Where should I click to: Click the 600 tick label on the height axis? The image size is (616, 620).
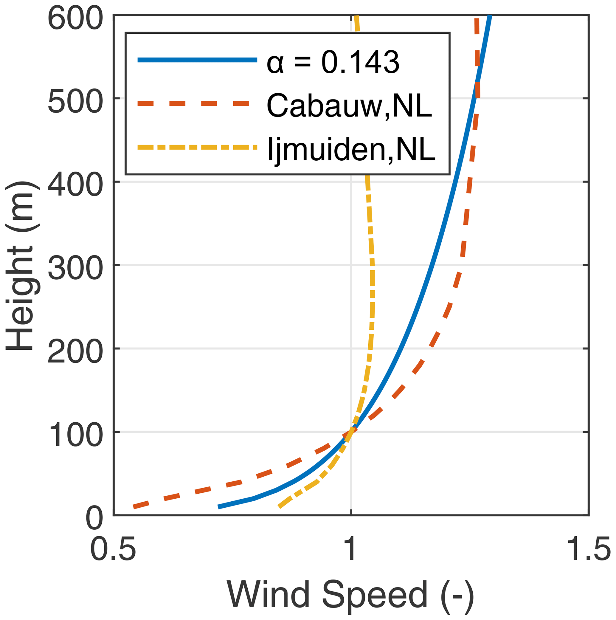click(75, 18)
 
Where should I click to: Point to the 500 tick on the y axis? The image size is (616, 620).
click(75, 102)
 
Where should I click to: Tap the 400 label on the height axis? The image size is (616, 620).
click(75, 185)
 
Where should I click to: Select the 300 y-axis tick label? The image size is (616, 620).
click(75, 269)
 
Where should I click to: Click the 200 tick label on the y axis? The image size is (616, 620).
click(75, 352)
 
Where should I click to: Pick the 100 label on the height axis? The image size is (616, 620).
click(75, 436)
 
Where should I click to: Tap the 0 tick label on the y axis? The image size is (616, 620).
click(94, 519)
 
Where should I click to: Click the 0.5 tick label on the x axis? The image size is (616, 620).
click(113, 549)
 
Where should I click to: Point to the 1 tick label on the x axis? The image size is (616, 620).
click(351, 549)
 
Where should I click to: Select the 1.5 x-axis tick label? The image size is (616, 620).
click(589, 549)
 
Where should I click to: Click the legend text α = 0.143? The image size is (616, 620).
click(333, 62)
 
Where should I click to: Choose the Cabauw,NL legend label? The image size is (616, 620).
click(349, 105)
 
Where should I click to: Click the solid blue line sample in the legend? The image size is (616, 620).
click(197, 60)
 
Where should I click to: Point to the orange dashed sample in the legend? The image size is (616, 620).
click(193, 103)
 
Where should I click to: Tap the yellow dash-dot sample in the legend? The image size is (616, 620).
click(197, 147)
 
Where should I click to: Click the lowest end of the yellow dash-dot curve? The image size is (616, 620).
click(280, 507)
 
